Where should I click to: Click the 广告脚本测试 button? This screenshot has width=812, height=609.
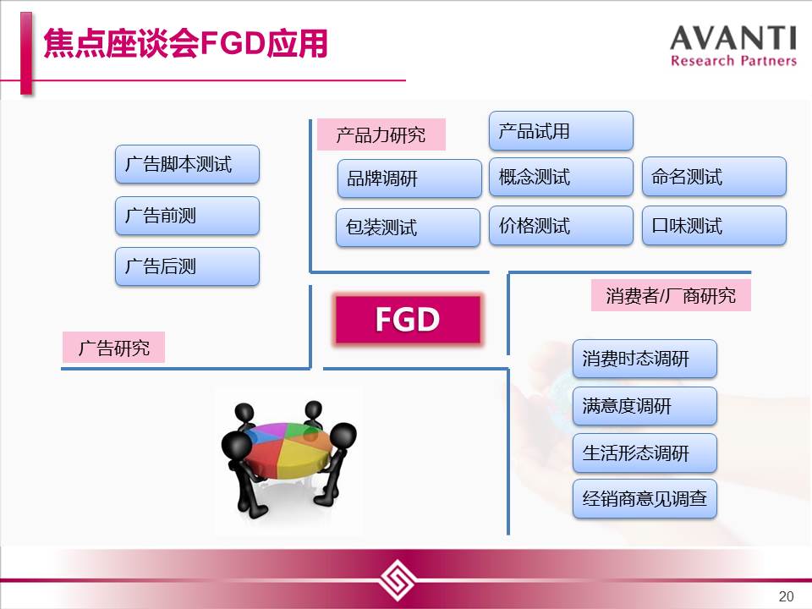[187, 164]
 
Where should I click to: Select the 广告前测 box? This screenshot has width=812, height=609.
[187, 216]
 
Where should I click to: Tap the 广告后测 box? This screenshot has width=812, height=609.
[187, 266]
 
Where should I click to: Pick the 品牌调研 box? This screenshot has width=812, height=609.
[409, 178]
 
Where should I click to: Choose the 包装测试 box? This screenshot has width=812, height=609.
[408, 228]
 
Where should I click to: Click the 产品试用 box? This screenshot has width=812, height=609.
[561, 130]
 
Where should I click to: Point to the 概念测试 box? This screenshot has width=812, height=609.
[561, 177]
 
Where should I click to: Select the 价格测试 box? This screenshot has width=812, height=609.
[561, 225]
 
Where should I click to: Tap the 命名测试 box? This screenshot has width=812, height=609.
[714, 176]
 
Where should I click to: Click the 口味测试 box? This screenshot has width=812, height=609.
[714, 225]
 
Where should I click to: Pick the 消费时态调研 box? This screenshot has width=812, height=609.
[645, 359]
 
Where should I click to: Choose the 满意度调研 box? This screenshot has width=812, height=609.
[645, 405]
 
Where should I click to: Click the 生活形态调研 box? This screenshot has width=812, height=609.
[645, 453]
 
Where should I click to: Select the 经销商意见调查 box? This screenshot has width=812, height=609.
[645, 499]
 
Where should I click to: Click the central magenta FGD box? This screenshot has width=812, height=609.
[408, 319]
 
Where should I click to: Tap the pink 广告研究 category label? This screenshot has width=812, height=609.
[113, 348]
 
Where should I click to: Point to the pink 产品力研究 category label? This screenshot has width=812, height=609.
[381, 134]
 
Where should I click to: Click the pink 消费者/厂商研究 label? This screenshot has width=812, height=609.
[671, 296]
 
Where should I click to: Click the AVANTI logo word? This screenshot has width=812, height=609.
[732, 38]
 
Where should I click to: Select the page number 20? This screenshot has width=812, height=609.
[786, 596]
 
